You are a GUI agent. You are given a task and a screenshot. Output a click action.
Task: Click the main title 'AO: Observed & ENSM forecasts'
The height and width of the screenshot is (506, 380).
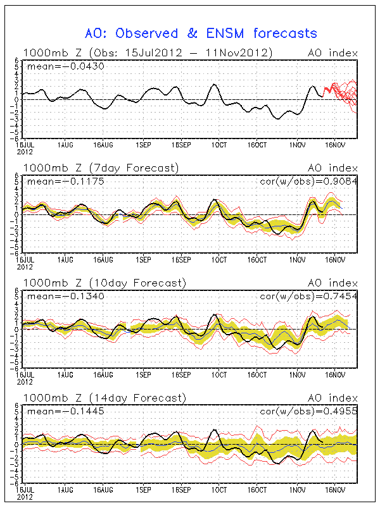pos(201,33)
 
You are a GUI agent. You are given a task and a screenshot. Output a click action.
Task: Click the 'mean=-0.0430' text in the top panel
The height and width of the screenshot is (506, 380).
pos(55,66)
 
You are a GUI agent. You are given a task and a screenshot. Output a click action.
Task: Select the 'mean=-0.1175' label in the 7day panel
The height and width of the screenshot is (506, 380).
pos(55,181)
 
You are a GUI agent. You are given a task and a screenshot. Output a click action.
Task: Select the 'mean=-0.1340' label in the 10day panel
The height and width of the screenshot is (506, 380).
pos(55,296)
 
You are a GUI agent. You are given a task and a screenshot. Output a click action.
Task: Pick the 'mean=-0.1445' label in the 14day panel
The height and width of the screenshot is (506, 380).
pos(55,412)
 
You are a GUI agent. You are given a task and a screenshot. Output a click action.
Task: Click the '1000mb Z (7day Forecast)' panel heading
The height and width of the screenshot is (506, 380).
pos(101,168)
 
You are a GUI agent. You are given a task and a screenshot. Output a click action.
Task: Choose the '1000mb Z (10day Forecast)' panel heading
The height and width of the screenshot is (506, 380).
pos(104,282)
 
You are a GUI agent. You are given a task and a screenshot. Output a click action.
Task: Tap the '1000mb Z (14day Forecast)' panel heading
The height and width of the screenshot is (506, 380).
pos(104,398)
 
